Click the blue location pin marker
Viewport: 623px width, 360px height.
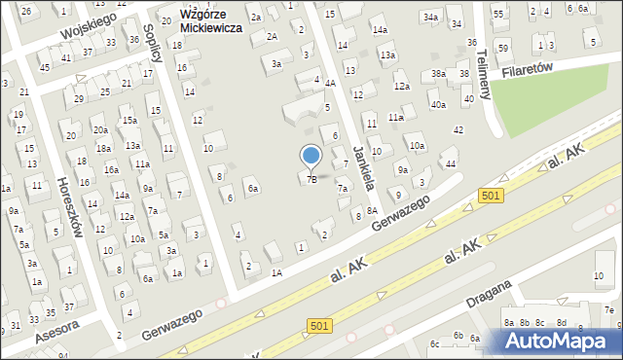click(311, 156)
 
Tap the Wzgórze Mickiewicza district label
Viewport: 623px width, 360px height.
click(208, 22)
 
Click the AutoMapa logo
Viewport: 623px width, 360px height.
click(564, 341)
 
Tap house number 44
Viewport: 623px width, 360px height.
click(450, 163)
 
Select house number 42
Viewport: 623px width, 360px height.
click(458, 129)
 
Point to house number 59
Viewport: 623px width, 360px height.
click(503, 48)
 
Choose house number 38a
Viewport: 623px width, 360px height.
click(439, 74)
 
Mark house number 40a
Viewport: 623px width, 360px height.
click(438, 105)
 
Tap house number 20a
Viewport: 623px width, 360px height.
click(99, 129)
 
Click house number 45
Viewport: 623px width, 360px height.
click(45, 67)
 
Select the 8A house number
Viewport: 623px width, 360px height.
click(372, 210)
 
